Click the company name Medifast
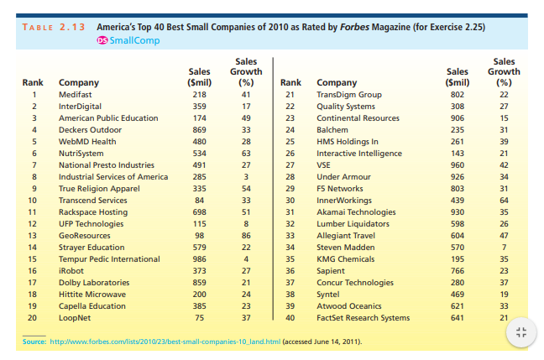point(74,95)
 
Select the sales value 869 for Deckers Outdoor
point(199,130)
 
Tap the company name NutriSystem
point(81,154)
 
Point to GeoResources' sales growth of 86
point(245,236)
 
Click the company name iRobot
point(70,271)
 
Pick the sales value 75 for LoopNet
point(201,318)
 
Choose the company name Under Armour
point(344,177)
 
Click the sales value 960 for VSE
point(458,165)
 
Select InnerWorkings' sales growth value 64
point(504,201)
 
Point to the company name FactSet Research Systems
point(362,318)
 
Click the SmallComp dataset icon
point(102,40)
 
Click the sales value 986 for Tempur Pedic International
point(199,259)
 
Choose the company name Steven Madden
point(346,248)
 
